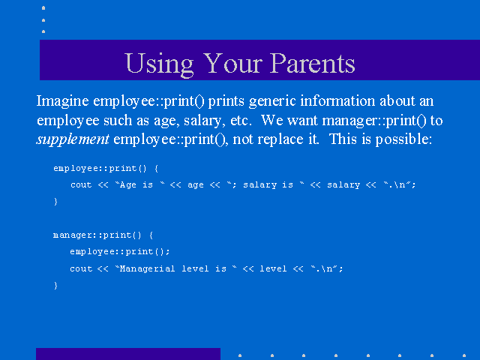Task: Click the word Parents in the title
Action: pos(312,63)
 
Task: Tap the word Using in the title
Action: pos(160,64)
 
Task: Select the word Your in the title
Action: pos(232,63)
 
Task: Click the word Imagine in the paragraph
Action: pos(62,102)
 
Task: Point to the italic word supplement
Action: pos(73,140)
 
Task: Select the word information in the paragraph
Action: pos(337,101)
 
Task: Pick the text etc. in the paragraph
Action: pos(241,121)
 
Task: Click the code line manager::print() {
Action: pos(103,235)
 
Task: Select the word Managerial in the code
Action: pos(147,268)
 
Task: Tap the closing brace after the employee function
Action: pos(55,202)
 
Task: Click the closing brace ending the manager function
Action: pos(55,285)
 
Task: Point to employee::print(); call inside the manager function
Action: pos(120,252)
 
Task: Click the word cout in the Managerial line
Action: pos(81,268)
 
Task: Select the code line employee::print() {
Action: pos(106,168)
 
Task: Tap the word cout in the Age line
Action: pos(81,185)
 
